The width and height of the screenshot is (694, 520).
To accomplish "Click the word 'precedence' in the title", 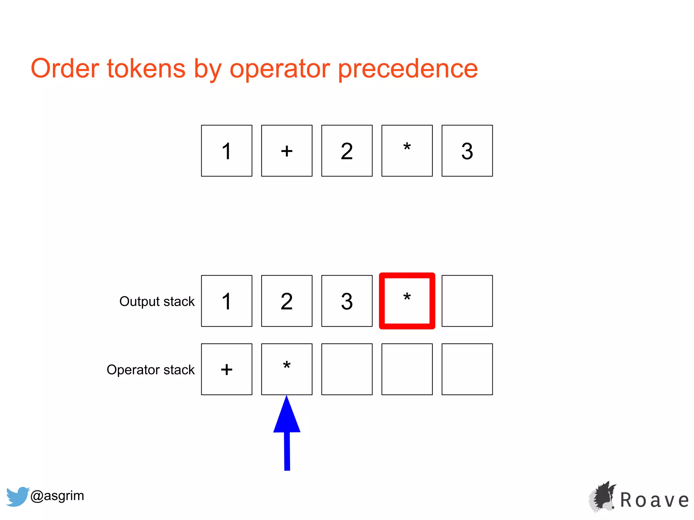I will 408,69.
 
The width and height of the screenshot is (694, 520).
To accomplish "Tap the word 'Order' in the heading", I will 65,68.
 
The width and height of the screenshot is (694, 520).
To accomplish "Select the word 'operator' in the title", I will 280,69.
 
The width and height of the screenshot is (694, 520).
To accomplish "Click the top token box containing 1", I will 227,151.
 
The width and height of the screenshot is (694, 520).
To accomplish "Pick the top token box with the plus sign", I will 287,151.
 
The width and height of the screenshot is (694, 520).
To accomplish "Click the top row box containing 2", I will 347,151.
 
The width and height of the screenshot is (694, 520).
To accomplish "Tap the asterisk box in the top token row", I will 407,151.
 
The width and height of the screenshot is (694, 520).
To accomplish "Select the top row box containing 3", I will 467,151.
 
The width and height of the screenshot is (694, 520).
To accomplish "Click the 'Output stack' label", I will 157,301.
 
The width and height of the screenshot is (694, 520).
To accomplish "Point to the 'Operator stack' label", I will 150,370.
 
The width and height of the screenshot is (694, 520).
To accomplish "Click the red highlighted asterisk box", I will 407,301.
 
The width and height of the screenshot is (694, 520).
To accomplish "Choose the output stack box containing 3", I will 347,301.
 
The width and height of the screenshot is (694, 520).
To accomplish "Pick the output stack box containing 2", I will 287,301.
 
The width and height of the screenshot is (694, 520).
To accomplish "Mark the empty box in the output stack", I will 467,301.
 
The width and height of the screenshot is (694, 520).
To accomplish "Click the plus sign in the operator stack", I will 227,369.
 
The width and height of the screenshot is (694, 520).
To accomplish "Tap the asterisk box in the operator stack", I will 287,369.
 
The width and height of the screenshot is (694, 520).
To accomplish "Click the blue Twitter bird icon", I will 17,496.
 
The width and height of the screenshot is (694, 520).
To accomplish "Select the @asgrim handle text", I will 57,496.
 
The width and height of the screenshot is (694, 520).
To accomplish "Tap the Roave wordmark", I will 654,500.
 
